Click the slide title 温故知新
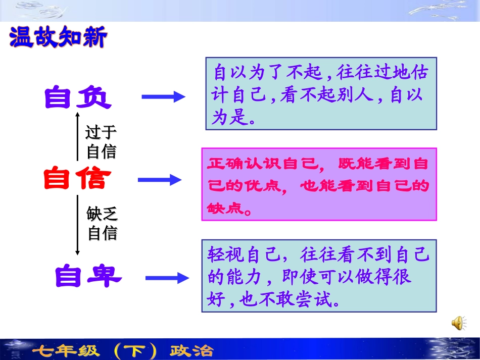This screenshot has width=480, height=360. coord(58,38)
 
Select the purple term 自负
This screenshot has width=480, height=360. coord(77,97)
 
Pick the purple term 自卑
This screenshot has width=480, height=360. coord(88,276)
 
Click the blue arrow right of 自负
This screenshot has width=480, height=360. coord(163,97)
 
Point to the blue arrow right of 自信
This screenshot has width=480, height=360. coord(160,179)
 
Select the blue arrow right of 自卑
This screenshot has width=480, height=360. coord(167,277)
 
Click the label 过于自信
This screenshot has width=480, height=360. coord(101,142)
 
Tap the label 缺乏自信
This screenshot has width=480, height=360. coord(102,224)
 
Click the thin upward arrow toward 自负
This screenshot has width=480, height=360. coord(77,136)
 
